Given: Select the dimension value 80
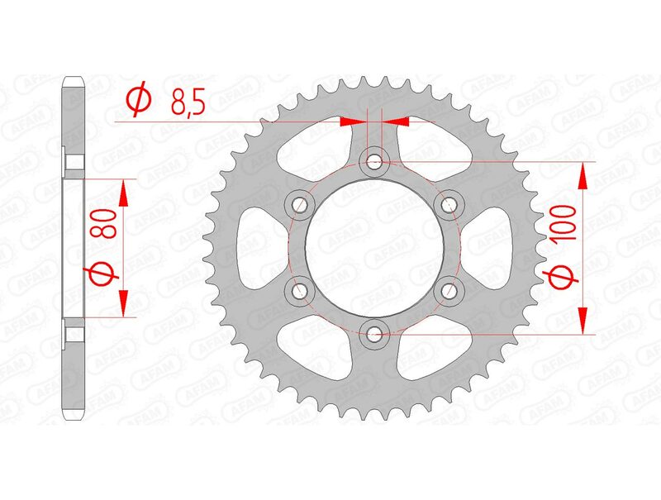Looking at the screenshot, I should (x=105, y=223).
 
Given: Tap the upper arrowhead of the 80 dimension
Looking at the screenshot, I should (x=125, y=193).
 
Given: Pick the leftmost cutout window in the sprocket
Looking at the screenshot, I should (x=254, y=247).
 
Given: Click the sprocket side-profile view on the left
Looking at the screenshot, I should (x=74, y=247).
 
